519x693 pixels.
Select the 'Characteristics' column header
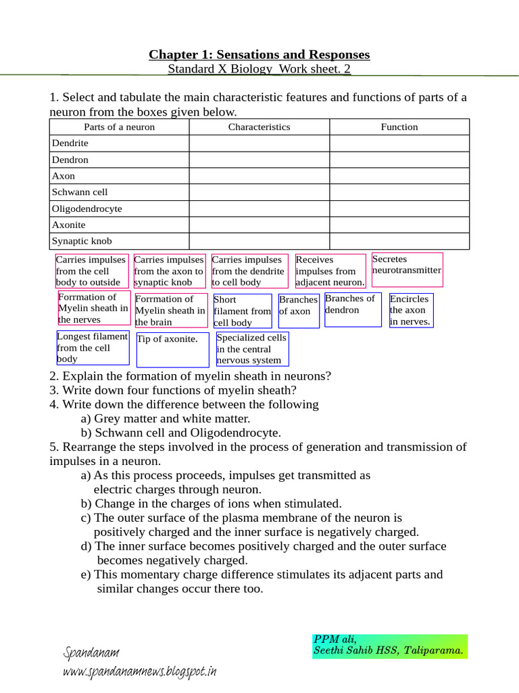(259, 127)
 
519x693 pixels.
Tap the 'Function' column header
(399, 127)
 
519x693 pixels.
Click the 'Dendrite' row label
(70, 143)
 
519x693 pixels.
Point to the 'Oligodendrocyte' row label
(87, 209)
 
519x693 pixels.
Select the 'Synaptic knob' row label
(82, 241)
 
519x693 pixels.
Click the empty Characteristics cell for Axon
(259, 176)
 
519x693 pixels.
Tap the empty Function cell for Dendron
(399, 160)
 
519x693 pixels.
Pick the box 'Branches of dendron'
(352, 309)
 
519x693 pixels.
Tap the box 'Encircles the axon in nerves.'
(411, 310)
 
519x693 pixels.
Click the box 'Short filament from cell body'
(243, 311)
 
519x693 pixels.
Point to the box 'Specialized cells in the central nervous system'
(252, 349)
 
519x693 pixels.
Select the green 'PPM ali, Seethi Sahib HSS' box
(389, 646)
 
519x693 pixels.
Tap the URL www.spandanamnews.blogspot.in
(139, 672)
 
